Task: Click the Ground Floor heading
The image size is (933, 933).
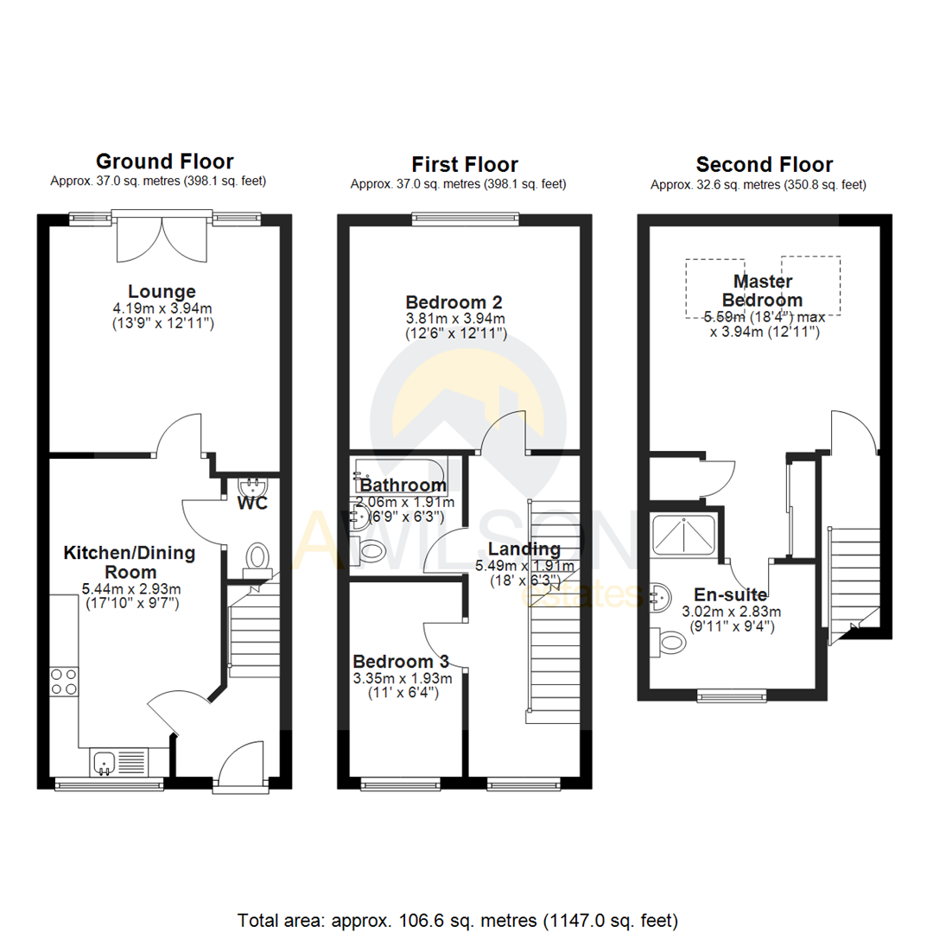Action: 164,162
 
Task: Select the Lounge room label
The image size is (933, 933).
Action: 162,291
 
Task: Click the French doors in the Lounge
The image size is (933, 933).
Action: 162,238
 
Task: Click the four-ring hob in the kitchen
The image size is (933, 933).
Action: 64,682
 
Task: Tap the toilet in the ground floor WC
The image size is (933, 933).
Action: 257,555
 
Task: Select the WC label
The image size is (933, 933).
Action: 251,502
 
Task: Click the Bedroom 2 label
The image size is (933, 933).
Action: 454,302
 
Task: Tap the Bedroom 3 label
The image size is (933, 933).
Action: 401,661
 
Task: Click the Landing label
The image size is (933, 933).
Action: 524,549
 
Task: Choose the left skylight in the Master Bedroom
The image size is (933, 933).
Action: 715,288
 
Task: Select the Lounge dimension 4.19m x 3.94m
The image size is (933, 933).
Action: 162,308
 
